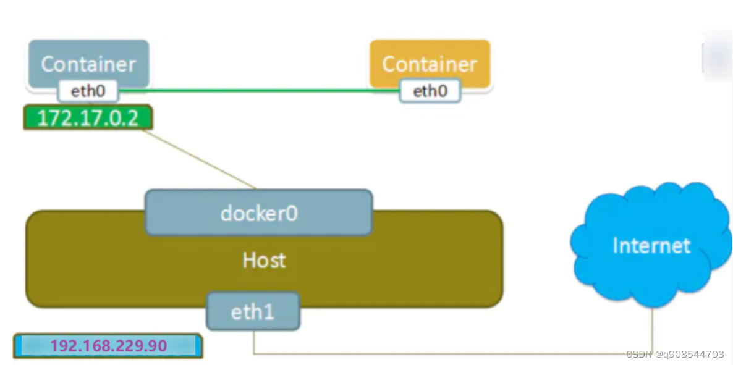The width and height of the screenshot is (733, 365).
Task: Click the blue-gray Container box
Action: (x=89, y=64)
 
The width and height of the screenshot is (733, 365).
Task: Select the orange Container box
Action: (x=430, y=64)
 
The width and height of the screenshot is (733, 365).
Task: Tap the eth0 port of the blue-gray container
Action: (x=88, y=91)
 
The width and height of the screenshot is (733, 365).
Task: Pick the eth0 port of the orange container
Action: (x=430, y=91)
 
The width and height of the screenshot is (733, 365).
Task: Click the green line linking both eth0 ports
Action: (x=259, y=91)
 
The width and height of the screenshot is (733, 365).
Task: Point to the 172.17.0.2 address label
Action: (x=88, y=118)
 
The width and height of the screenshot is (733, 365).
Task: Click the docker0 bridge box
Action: (x=259, y=212)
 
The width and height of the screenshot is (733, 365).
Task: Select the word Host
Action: (x=264, y=260)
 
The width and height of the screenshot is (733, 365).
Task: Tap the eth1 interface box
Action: (x=253, y=311)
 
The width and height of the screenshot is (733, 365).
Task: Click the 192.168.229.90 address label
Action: (x=108, y=346)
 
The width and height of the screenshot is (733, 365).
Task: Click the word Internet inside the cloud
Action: (x=651, y=246)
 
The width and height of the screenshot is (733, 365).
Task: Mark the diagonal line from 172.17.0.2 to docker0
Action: (x=200, y=159)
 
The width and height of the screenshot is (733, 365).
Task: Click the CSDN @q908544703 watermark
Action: (x=674, y=354)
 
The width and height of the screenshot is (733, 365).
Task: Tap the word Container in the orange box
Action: (x=430, y=64)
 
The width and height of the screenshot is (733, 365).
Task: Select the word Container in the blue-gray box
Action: (x=89, y=64)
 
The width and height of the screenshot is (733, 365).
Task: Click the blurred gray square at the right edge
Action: (x=718, y=55)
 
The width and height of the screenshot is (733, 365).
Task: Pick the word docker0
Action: (x=259, y=214)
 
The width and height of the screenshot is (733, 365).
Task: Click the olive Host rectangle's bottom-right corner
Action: (x=502, y=307)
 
